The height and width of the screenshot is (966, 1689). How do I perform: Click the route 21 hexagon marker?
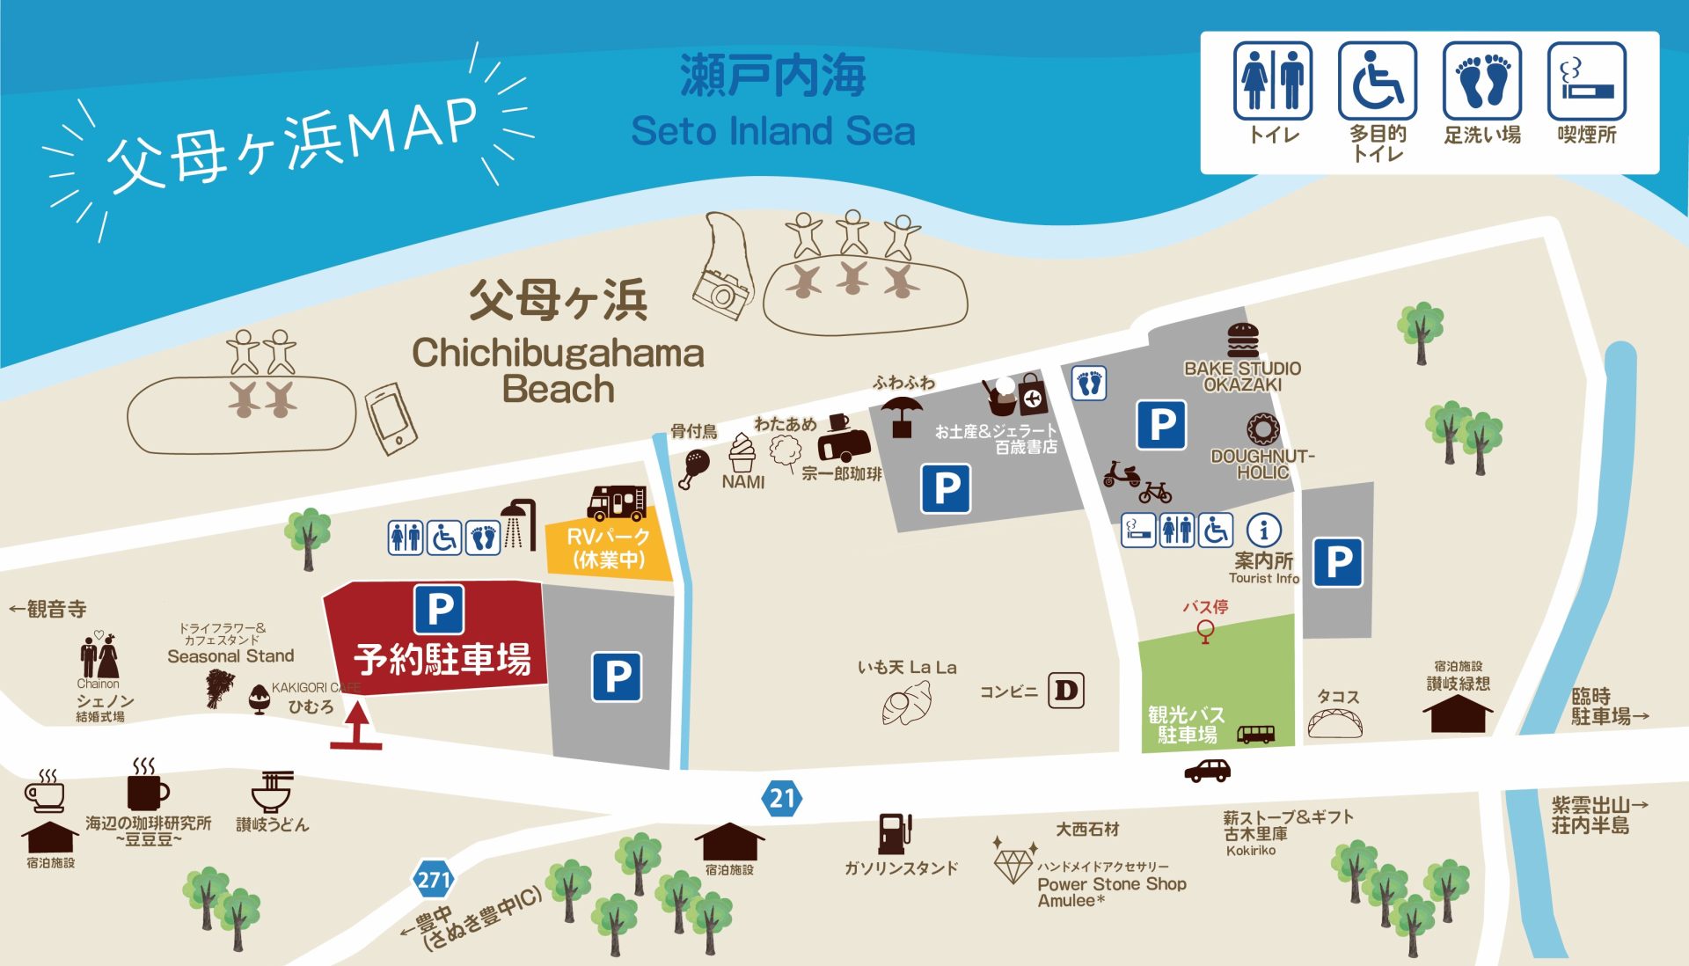(782, 798)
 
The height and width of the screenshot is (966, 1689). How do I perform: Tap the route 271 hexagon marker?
(434, 879)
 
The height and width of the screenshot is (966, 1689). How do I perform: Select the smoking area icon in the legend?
(1586, 81)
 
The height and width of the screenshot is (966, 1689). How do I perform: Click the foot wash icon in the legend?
(1482, 81)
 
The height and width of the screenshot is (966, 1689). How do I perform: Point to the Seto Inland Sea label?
(773, 131)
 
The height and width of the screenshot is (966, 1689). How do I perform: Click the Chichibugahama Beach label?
(558, 370)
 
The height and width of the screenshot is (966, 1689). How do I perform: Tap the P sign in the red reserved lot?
(439, 609)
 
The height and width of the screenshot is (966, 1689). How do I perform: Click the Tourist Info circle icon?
(1264, 530)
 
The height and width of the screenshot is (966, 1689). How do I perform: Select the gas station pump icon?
(895, 833)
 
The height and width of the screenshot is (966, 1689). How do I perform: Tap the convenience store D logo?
(1066, 691)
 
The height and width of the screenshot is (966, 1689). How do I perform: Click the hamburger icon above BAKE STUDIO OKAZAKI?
(1243, 340)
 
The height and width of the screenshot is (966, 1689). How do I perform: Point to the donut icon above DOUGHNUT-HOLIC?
(1262, 429)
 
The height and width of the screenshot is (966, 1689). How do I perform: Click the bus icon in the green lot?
(1255, 734)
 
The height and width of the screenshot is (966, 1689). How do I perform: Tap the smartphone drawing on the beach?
(391, 419)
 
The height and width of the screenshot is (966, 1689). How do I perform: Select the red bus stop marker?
(1205, 630)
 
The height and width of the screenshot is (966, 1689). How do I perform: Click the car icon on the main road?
(1207, 771)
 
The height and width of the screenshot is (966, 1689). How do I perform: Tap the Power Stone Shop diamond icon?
(1013, 864)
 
